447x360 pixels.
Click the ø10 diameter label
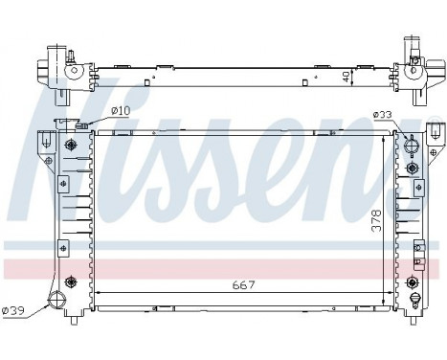pyautogui.click(x=120, y=111)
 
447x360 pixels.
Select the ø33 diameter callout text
pyautogui.click(x=382, y=117)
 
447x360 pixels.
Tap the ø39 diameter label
pyautogui.click(x=14, y=309)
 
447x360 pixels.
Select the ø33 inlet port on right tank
pyautogui.click(x=412, y=148)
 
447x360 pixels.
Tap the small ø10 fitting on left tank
pyautogui.click(x=81, y=125)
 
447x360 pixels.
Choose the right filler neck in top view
pyautogui.click(x=414, y=45)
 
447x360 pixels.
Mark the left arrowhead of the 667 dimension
pyautogui.click(x=98, y=292)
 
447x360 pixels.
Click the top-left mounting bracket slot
pyautogui.click(x=42, y=139)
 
